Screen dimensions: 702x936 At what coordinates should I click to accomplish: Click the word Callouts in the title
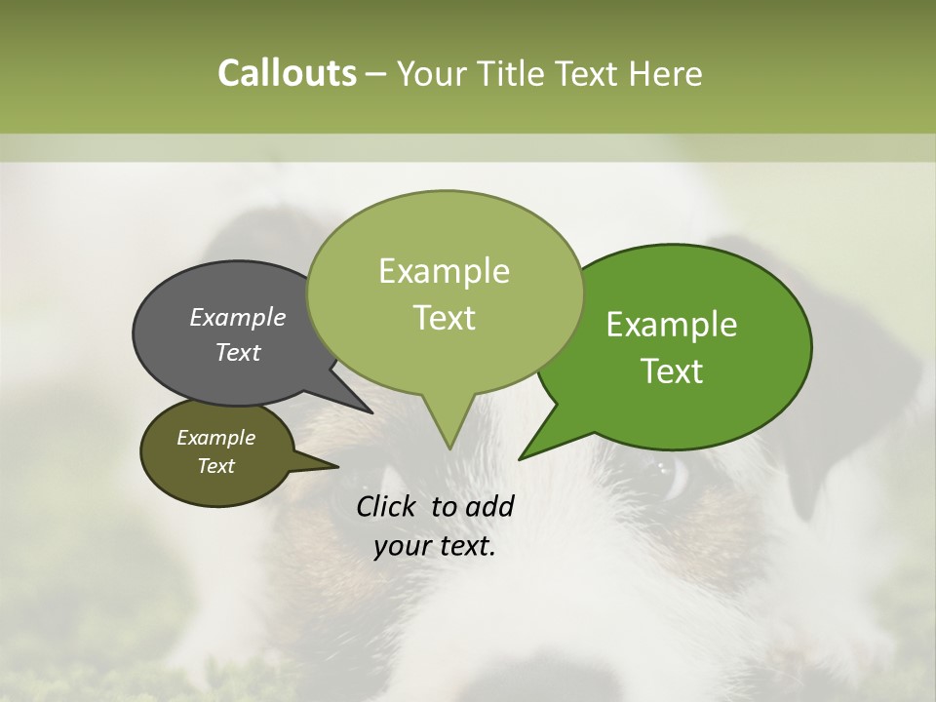287,73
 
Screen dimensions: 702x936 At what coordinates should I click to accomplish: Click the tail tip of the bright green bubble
521,457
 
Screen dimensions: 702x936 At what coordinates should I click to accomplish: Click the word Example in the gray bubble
237,318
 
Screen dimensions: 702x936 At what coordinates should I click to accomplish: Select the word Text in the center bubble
444,318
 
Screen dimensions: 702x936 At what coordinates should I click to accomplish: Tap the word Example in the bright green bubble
672,325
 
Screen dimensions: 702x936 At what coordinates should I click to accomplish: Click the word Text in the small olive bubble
216,466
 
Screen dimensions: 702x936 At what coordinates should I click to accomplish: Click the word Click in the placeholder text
389,506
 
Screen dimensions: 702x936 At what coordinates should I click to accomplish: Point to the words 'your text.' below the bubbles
435,546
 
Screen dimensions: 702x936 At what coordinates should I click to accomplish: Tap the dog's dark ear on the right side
819,409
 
